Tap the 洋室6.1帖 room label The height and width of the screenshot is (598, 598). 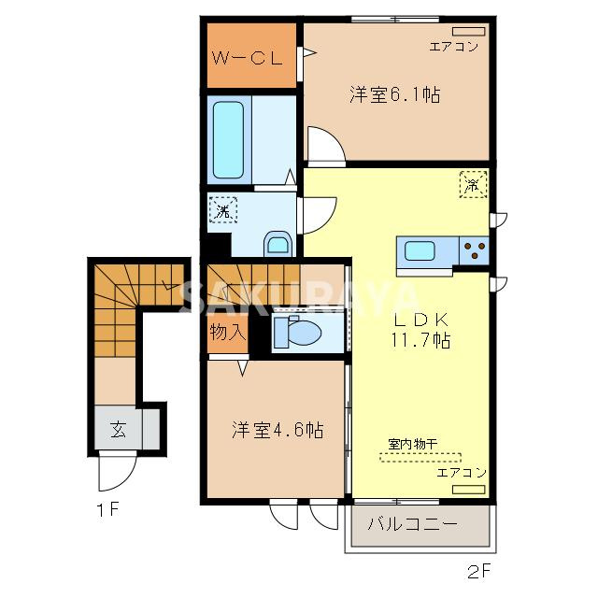(x=395, y=94)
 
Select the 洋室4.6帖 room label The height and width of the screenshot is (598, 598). (x=278, y=431)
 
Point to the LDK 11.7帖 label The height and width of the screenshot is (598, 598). (x=420, y=329)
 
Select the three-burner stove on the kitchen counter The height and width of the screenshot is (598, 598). (x=475, y=251)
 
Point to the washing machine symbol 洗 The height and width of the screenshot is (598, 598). (x=223, y=211)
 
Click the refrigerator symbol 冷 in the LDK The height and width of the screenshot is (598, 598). (x=474, y=184)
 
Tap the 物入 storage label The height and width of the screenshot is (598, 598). (x=227, y=333)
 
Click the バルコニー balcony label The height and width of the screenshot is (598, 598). (x=412, y=524)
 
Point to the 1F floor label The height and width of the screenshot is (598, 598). (x=106, y=510)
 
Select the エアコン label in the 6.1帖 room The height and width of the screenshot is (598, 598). (x=453, y=45)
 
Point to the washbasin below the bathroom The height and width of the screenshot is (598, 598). (x=278, y=245)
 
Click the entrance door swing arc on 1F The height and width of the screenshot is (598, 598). (x=111, y=474)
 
